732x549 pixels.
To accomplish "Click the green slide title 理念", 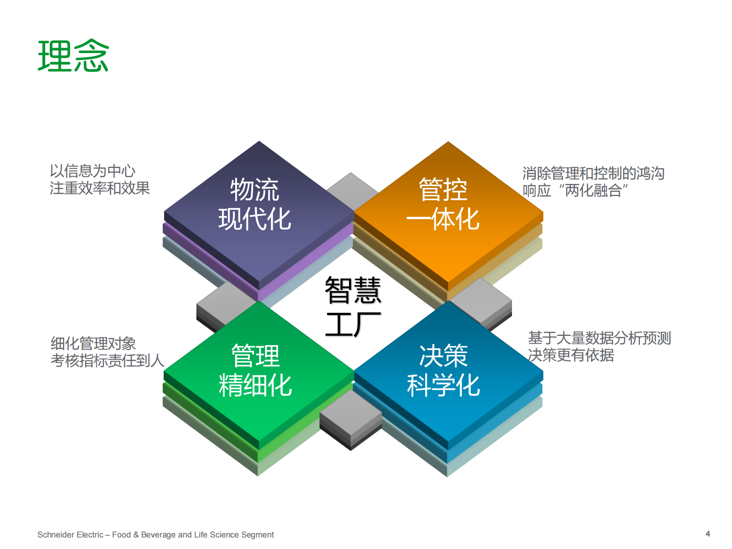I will point(73,56).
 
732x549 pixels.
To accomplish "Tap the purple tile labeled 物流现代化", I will point(255,204).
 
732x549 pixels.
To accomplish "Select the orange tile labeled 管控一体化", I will point(443,204).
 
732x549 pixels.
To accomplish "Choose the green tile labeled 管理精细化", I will point(255,370).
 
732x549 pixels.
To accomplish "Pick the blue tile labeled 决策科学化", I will point(443,370).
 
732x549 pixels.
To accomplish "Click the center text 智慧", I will point(353,290).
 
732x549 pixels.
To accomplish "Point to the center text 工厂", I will point(353,324).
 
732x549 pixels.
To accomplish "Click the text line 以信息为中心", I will point(93,171).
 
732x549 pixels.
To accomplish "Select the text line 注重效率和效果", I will point(100,188).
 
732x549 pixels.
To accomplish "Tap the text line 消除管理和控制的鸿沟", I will point(593,173).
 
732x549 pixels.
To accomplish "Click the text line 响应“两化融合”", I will point(575,191).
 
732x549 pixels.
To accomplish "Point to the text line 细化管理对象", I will point(93,344).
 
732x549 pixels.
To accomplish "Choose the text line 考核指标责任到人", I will point(107,361).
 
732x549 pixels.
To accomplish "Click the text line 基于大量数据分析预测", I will point(599,338).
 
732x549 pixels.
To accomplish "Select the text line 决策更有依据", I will point(571,355).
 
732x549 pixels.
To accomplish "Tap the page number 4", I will point(708,534).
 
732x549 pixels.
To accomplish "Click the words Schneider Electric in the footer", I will point(71,535).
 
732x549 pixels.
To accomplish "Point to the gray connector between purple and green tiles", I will point(225,304).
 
